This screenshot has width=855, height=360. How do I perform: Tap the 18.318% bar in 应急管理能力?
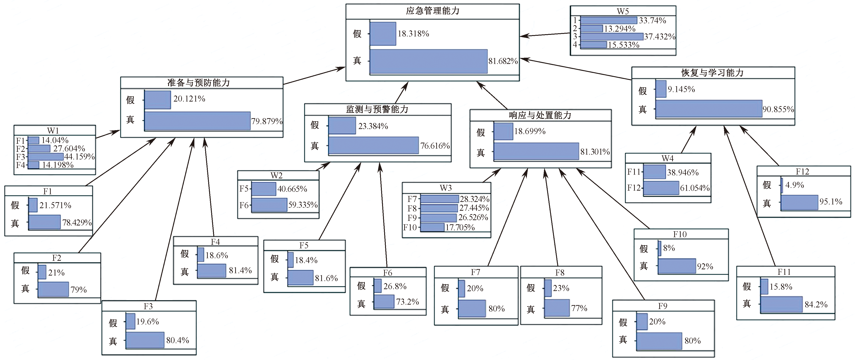383,33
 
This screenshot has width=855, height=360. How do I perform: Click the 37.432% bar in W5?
612,36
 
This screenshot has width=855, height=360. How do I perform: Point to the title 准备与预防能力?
199,83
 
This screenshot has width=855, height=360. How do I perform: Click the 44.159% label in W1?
79,156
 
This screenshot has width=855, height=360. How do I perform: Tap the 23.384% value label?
373,126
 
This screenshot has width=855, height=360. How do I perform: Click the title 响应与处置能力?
540,115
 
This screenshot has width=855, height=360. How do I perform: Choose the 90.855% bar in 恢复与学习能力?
709,109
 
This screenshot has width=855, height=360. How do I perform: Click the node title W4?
668,158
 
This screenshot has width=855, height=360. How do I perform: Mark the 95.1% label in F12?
831,202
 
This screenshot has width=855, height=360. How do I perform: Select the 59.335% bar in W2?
269,204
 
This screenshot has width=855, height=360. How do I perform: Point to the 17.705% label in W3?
460,228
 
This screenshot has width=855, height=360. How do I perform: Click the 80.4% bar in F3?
145,340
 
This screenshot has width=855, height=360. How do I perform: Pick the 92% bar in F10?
677,266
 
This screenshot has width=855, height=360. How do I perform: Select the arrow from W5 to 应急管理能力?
545,35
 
